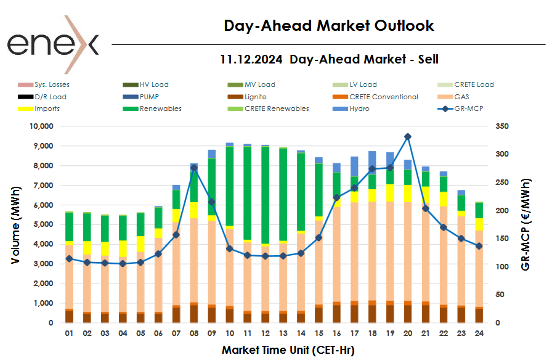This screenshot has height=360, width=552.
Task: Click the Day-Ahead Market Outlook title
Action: pos(329,26)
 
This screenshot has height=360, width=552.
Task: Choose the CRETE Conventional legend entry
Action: pos(383,97)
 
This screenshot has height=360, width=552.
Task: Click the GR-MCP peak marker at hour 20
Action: pos(407,137)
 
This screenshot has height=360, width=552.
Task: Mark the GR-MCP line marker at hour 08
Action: pos(193,168)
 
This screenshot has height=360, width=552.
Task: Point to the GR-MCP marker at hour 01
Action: pos(69,259)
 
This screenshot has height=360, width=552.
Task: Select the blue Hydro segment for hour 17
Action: pos(371,166)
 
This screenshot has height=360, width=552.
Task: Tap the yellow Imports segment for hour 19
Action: pos(389,193)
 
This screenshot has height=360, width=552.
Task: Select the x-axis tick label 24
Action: pos(479,333)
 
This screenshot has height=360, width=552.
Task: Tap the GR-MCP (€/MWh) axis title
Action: pos(526,224)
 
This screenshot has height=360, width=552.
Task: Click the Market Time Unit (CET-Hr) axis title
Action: pos(288,350)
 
